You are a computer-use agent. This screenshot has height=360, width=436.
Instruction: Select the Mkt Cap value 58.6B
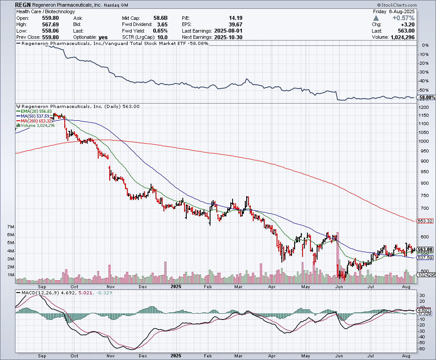160,18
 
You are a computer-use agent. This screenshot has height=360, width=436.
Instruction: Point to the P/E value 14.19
236,18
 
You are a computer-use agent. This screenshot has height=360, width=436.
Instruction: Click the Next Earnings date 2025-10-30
228,37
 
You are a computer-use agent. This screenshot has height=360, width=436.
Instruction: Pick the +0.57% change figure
405,18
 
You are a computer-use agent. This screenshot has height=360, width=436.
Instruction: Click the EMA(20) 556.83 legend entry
37,111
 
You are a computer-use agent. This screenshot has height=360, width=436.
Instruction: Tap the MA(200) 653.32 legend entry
37,121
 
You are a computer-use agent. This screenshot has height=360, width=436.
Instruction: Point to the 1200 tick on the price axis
423,108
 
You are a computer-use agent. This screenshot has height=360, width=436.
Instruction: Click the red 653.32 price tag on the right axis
425,221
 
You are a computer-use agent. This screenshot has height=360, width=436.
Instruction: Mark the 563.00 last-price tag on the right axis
425,249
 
